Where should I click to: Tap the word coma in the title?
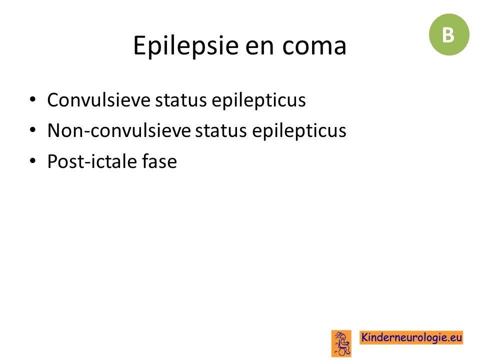click(314, 46)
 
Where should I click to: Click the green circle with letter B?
click(449, 34)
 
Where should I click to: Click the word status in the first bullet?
click(181, 100)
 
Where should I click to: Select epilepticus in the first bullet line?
click(258, 100)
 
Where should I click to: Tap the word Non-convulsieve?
click(119, 130)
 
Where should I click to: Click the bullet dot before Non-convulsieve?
click(33, 130)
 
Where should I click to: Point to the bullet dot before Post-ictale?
click(33, 160)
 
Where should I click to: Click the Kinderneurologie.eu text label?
click(411, 337)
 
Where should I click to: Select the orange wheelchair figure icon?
click(341, 343)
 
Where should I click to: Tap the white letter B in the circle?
click(448, 35)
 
